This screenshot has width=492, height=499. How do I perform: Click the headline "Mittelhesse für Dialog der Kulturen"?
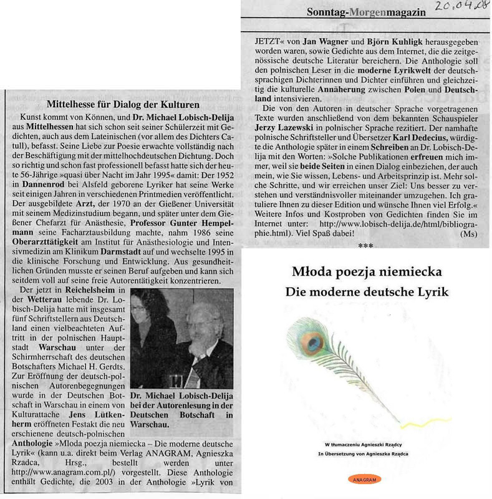point(119,105)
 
